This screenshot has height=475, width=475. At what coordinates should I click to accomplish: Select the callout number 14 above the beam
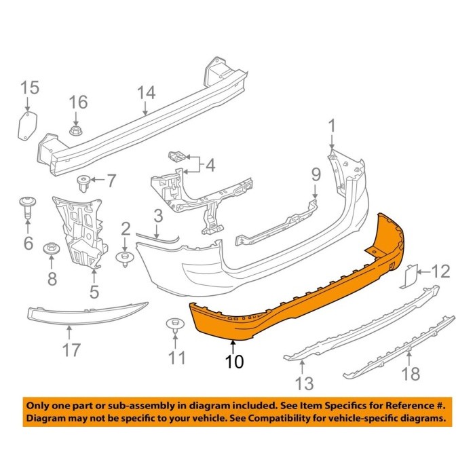pyautogui.click(x=146, y=94)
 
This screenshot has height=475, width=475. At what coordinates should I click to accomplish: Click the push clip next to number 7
pyautogui.click(x=85, y=182)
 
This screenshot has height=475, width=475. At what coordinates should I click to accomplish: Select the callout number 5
pyautogui.click(x=94, y=292)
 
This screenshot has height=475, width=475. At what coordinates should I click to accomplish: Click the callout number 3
pyautogui.click(x=157, y=217)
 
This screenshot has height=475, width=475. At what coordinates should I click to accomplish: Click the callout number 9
pyautogui.click(x=315, y=175)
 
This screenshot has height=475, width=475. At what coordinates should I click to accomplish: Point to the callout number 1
pyautogui.click(x=332, y=126)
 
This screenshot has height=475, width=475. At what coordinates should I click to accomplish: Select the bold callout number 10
pyautogui.click(x=233, y=362)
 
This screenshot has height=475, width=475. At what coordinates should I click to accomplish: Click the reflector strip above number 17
pyautogui.click(x=87, y=311)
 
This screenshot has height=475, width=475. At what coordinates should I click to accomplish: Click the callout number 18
pyautogui.click(x=411, y=373)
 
